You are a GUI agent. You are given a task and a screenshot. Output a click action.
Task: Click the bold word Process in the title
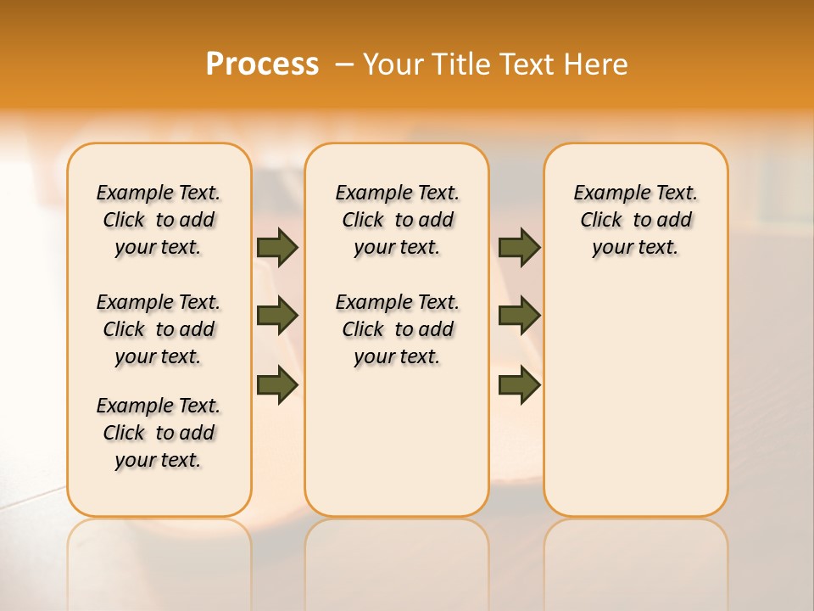coord(262,64)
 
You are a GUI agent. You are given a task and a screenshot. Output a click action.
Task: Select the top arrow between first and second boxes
coord(276,247)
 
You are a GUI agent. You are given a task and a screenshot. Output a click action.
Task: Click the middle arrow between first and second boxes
coord(276,316)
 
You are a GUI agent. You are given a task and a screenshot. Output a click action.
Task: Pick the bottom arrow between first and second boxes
coord(276,384)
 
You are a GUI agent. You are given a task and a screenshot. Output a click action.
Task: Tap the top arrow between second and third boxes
coord(519,247)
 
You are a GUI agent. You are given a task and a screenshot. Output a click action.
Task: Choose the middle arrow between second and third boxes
coord(519,316)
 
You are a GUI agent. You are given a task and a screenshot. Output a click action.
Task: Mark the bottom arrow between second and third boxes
coord(519,384)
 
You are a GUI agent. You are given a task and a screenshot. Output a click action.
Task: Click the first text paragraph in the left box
coord(159,220)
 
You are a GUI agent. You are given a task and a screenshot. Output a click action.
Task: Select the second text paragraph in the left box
coord(159,329)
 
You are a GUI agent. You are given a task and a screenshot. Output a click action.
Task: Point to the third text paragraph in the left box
coord(159,433)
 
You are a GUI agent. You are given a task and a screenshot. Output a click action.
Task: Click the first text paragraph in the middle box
coord(397,220)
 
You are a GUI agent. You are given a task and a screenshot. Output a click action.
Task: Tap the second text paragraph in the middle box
coord(397,329)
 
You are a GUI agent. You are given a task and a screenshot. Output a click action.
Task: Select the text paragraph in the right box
coord(635,220)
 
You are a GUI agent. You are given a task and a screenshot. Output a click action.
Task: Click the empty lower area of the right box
coord(635,399)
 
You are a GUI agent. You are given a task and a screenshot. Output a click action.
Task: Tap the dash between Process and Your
coord(344,64)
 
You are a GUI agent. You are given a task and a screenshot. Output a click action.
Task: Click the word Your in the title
coord(395,64)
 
